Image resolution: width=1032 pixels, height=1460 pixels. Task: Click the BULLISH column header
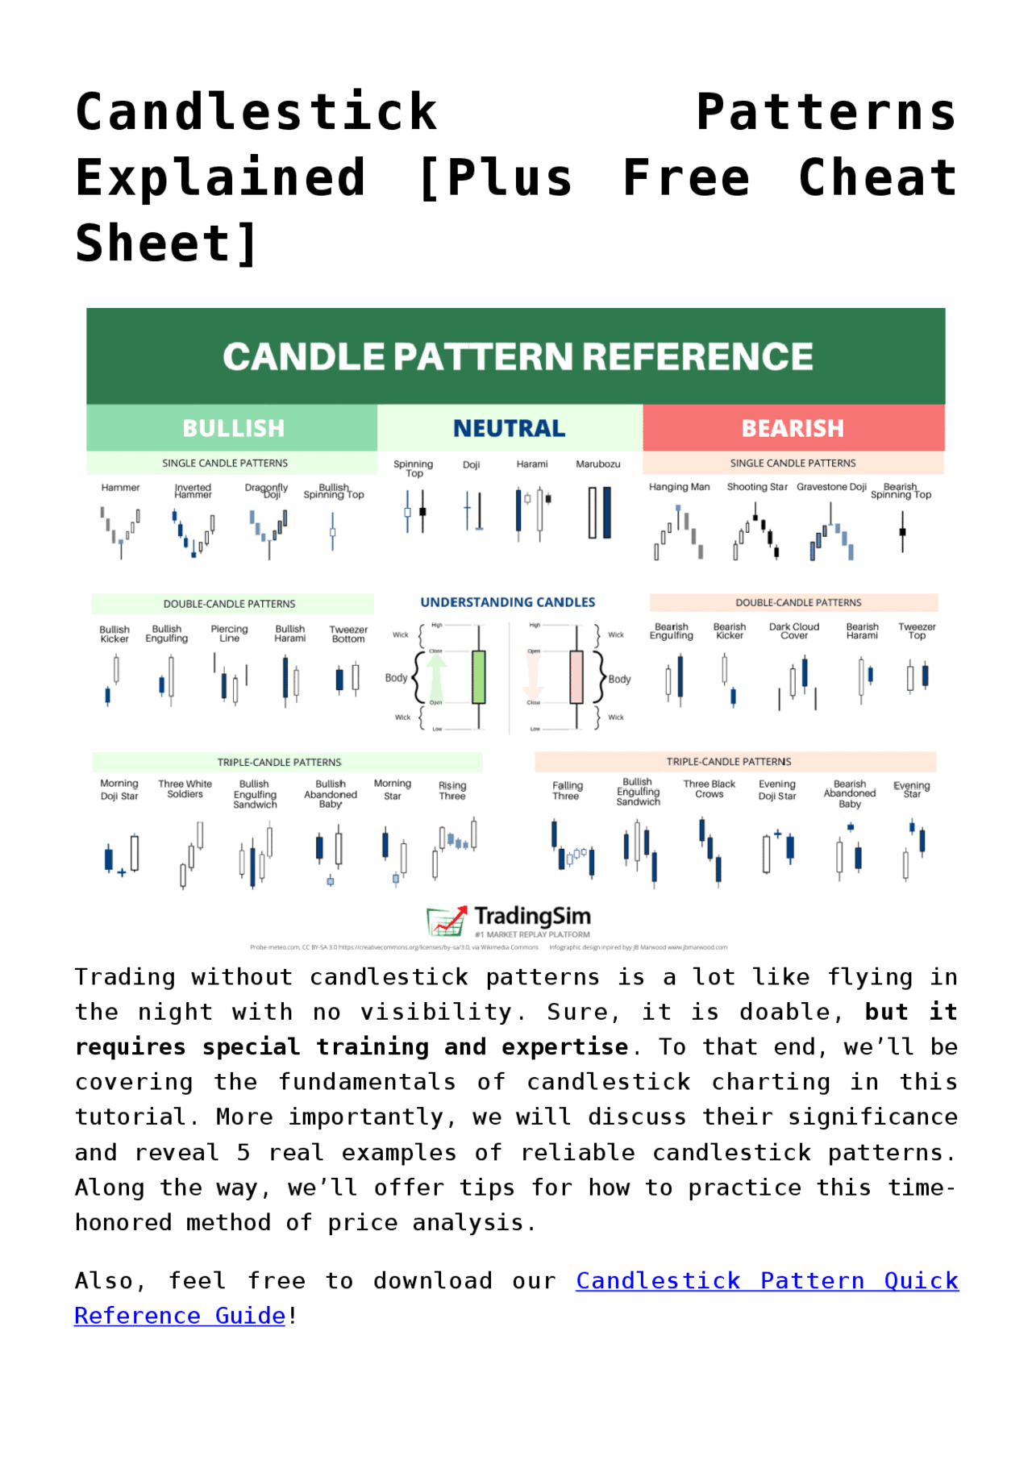233,428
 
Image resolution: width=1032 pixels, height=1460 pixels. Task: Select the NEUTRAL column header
509,428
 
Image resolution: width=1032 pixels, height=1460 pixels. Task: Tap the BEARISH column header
793,428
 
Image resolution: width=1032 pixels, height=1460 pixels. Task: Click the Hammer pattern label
120,488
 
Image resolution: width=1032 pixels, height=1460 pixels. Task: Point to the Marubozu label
597,464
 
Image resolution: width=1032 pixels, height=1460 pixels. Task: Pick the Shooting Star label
757,487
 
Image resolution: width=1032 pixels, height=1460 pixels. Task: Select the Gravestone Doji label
831,487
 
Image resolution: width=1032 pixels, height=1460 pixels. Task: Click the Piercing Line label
229,634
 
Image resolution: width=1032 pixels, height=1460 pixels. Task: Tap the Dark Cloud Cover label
793,631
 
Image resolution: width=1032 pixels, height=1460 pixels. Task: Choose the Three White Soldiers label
185,788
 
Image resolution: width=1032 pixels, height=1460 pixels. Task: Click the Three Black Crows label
709,788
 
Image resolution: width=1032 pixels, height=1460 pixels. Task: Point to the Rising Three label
452,791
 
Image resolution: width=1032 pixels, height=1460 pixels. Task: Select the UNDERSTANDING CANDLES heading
508,602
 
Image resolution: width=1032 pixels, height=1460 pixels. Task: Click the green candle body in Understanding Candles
478,677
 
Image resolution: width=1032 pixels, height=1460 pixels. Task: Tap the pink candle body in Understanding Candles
576,677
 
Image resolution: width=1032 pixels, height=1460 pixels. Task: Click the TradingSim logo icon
447,920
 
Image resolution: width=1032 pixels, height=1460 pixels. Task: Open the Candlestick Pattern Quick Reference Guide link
766,1281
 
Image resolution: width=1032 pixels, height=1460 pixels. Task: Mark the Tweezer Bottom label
348,634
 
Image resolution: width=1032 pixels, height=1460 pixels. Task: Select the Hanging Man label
679,487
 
